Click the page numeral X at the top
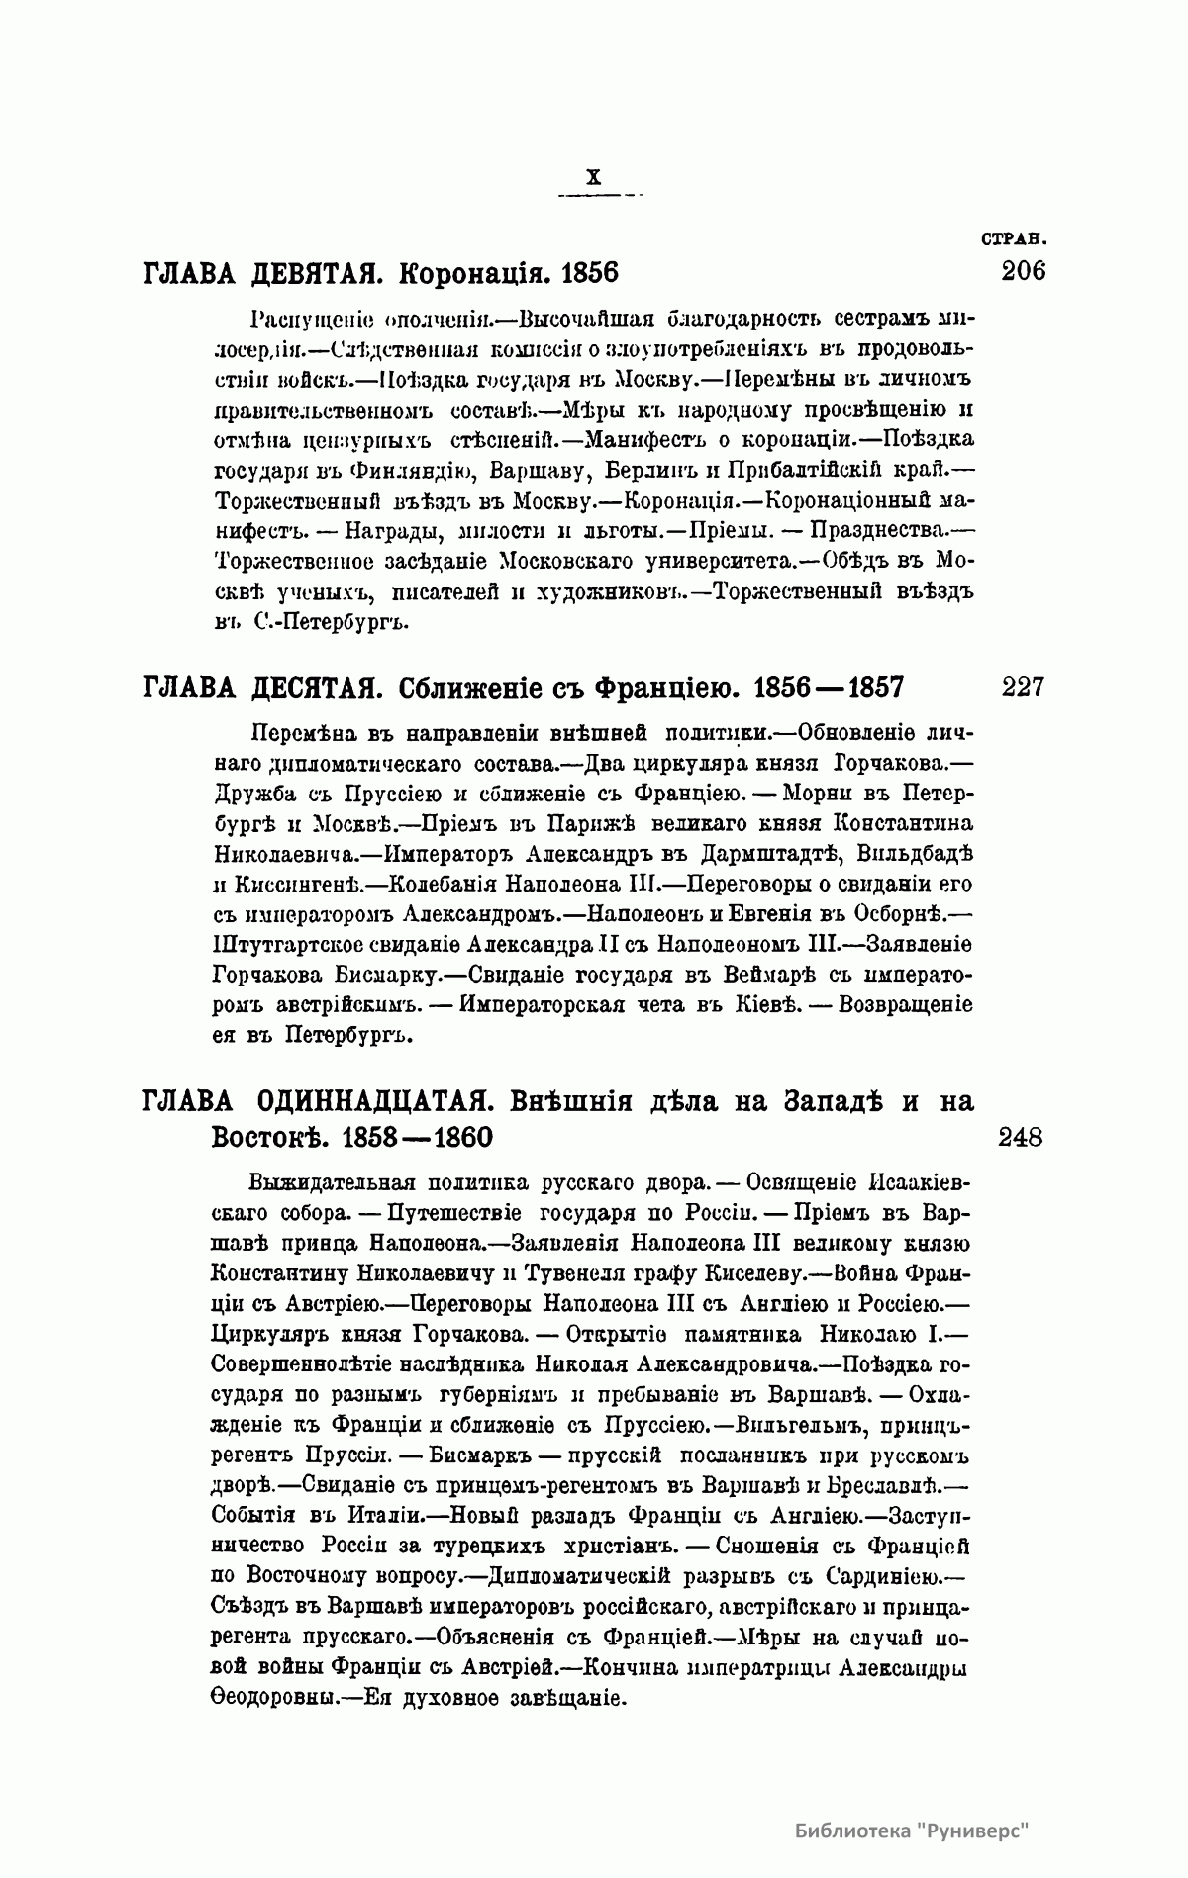[x=593, y=178]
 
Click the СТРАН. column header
[x=1014, y=238]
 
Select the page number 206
[x=1023, y=271]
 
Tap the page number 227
[x=1023, y=686]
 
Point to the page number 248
[x=1021, y=1138]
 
